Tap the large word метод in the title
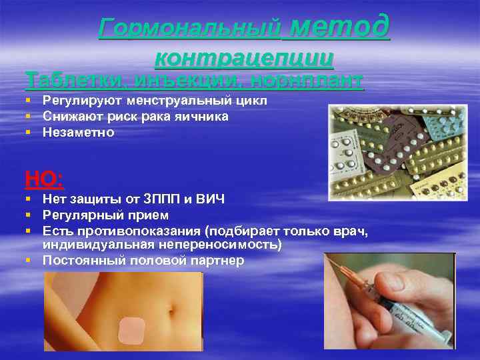(340, 26)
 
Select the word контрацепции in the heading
(244, 58)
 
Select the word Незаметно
(78, 133)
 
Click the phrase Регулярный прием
(105, 215)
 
